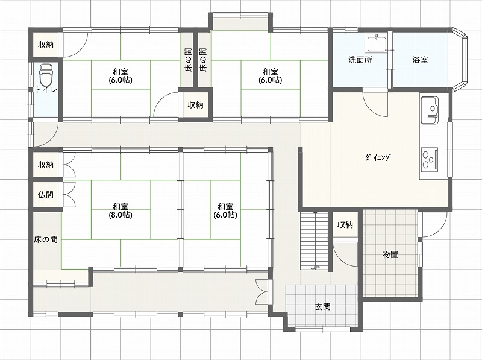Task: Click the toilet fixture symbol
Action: click(x=46, y=75)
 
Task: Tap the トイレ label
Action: click(x=46, y=90)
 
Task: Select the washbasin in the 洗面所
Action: click(x=377, y=43)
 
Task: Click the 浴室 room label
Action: click(x=420, y=60)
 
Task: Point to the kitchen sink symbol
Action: click(x=430, y=110)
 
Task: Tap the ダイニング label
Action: click(x=378, y=157)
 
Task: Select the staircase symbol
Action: click(x=314, y=241)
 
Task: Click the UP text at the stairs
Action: click(x=314, y=267)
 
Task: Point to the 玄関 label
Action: click(x=323, y=307)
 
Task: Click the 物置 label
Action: click(x=390, y=254)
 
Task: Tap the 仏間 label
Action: click(x=46, y=195)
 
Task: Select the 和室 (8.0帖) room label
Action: click(x=120, y=210)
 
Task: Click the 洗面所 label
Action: click(x=360, y=60)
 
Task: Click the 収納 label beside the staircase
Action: click(x=345, y=225)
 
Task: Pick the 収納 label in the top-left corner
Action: click(x=46, y=45)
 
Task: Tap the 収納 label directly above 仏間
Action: click(x=46, y=165)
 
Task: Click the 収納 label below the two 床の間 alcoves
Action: click(x=195, y=105)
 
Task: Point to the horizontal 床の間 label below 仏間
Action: click(x=46, y=239)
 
